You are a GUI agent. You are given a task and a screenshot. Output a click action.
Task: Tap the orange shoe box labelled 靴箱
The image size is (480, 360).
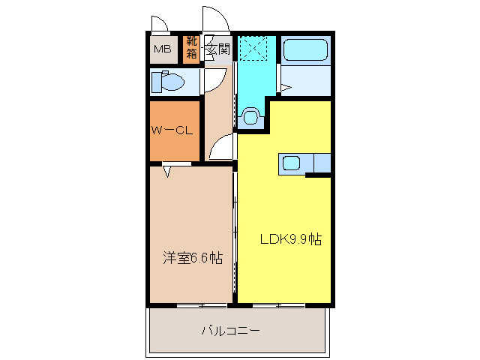192,49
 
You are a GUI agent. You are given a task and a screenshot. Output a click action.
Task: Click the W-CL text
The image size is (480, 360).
173,130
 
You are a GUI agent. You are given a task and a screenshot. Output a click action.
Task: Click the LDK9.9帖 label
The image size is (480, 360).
291,240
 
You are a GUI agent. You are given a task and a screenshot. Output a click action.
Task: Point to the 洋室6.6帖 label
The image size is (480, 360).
193,259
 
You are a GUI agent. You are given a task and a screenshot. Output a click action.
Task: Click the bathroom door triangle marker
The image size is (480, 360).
284,88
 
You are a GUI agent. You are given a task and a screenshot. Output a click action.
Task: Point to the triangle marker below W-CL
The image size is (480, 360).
166,172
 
